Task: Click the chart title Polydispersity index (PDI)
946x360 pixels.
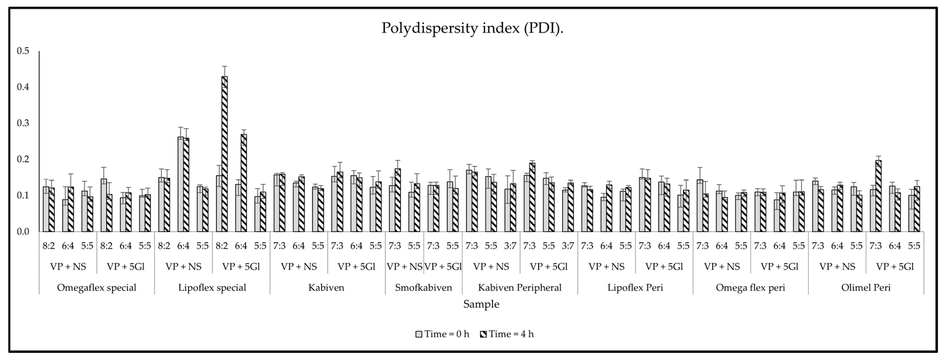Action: [472, 28]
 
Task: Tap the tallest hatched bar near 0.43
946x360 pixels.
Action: [224, 154]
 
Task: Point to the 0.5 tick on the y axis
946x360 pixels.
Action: [23, 51]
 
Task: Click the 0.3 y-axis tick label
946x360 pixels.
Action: [23, 123]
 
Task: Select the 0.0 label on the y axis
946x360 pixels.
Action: [23, 232]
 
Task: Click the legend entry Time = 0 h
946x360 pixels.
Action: [443, 334]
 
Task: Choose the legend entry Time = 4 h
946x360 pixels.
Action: [507, 334]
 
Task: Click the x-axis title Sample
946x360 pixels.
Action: [481, 304]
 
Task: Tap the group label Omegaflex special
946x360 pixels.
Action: [97, 288]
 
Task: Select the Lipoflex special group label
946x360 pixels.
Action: [212, 288]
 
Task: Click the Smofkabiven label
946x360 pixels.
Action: [423, 288]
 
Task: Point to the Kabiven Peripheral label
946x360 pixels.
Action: [520, 288]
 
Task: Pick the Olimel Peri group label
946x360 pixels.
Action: [866, 288]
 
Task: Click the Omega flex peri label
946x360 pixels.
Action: [750, 288]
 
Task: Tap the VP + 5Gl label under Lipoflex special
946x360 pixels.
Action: [241, 267]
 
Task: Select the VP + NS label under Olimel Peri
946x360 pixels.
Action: [837, 267]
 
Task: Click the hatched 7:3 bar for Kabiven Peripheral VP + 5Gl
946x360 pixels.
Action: [532, 197]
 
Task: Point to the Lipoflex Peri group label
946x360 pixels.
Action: [635, 288]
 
